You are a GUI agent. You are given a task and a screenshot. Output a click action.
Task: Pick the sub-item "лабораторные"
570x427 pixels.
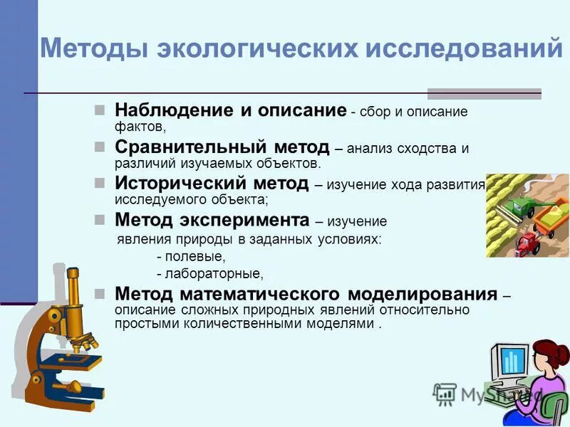(x=213, y=273)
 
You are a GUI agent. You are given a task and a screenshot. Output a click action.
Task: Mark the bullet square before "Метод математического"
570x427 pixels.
(x=100, y=294)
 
